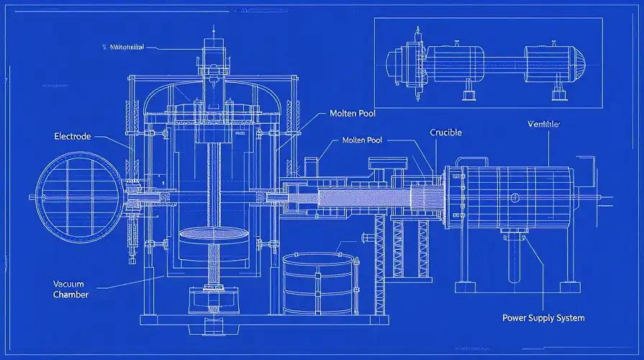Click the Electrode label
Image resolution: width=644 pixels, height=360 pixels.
(73, 136)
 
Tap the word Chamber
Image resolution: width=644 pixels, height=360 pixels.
(71, 294)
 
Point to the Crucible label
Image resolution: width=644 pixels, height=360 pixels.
(445, 132)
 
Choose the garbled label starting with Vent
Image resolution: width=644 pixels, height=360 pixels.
(543, 125)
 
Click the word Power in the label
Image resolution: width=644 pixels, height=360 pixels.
(515, 318)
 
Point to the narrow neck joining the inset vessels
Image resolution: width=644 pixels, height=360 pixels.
(500, 60)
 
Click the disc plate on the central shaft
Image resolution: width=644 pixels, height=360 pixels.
(213, 235)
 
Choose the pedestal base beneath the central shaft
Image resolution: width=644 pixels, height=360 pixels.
(213, 302)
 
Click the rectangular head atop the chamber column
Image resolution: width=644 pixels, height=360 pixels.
(214, 52)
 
